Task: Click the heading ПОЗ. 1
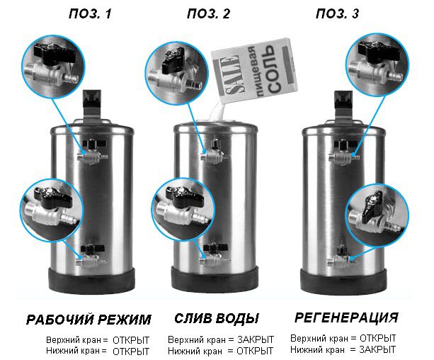(x=90, y=14)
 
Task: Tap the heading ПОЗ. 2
(x=208, y=14)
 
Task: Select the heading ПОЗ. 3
(x=338, y=14)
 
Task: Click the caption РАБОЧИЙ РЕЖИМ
(x=88, y=320)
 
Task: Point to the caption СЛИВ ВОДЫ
(x=217, y=318)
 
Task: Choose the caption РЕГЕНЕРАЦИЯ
(x=346, y=317)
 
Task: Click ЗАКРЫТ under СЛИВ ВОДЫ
(x=256, y=339)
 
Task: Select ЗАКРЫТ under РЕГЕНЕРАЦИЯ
(x=377, y=349)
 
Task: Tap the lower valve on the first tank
(x=91, y=256)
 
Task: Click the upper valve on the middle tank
(x=215, y=153)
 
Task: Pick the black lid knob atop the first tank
(x=92, y=99)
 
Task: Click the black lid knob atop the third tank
(x=343, y=100)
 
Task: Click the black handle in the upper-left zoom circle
(x=55, y=53)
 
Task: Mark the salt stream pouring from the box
(x=218, y=111)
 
